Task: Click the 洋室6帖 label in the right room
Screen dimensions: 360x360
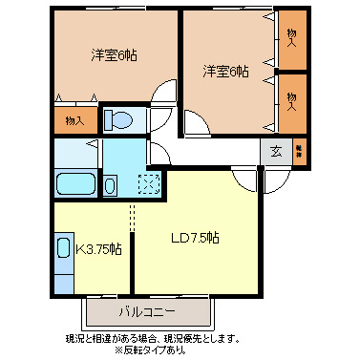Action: tap(225, 72)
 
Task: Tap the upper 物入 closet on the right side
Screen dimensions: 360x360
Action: tap(291, 38)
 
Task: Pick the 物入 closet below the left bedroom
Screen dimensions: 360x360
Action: tap(74, 120)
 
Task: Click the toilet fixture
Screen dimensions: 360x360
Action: tap(121, 119)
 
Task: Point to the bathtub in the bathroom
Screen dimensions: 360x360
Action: tap(74, 184)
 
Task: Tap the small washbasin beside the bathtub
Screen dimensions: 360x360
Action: tap(111, 184)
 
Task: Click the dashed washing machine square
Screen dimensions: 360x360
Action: tap(148, 184)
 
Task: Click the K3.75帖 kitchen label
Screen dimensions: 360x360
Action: tap(98, 249)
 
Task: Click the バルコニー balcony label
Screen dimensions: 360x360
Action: tap(146, 311)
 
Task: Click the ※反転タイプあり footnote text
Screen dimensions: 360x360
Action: tap(151, 349)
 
